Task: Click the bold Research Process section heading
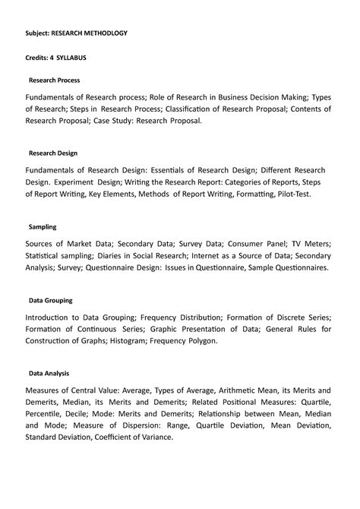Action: point(54,80)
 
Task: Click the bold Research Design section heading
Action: point(53,152)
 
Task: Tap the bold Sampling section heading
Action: point(43,226)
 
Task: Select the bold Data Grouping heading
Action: point(50,300)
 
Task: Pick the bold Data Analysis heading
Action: point(49,374)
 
